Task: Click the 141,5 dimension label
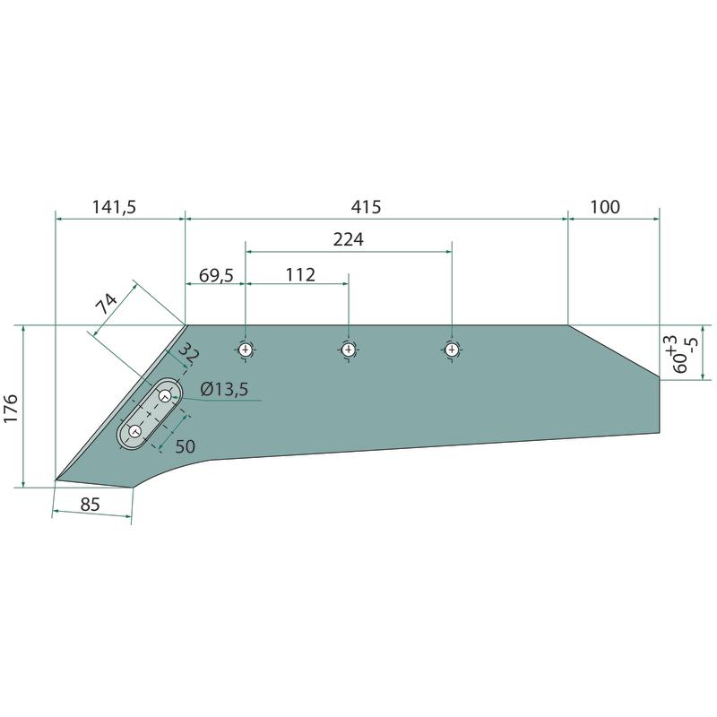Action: tap(115, 207)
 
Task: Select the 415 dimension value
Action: tap(366, 207)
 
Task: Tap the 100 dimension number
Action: tap(605, 207)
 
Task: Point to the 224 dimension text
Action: tap(348, 239)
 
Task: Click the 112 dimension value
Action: tap(300, 275)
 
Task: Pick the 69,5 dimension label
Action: tap(216, 276)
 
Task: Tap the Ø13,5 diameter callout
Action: tap(224, 389)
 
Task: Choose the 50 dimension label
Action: tap(186, 446)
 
